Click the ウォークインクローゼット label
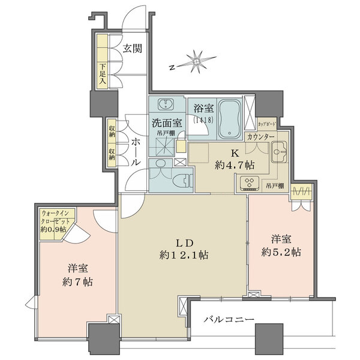pyautogui.click(x=56, y=221)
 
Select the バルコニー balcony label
pyautogui.click(x=229, y=319)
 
